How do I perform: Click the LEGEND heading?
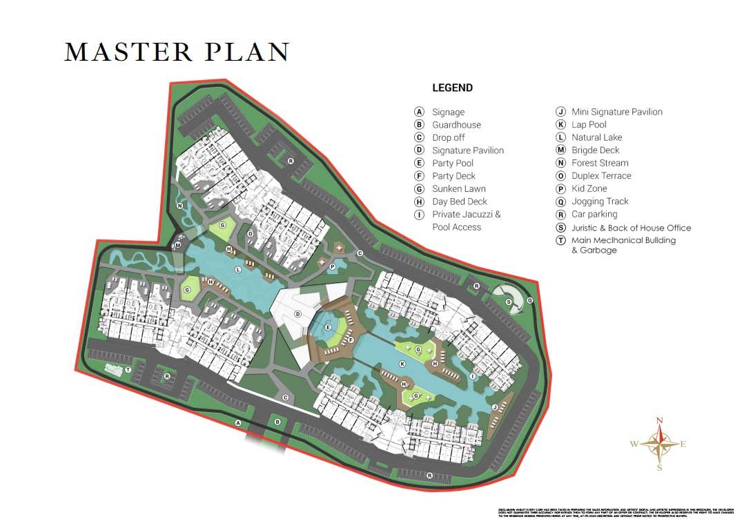(x=452, y=88)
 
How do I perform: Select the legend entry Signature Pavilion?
(x=467, y=150)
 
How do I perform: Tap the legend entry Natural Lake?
(x=596, y=137)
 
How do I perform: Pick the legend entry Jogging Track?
(x=600, y=202)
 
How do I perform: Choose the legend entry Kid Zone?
(x=589, y=188)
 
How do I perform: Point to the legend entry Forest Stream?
(x=600, y=163)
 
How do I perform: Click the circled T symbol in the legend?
(x=560, y=241)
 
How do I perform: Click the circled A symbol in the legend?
(x=418, y=112)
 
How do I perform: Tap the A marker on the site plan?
(x=237, y=422)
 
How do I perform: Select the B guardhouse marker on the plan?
(x=277, y=422)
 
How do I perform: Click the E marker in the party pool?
(x=329, y=326)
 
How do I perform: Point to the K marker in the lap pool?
(x=401, y=363)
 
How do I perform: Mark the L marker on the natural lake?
(x=237, y=269)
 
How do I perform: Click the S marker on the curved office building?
(x=508, y=302)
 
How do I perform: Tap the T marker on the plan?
(x=128, y=371)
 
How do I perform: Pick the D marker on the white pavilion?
(x=297, y=314)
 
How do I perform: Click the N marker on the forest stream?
(x=179, y=205)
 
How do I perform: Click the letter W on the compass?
(x=634, y=444)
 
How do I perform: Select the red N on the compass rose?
(x=659, y=420)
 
